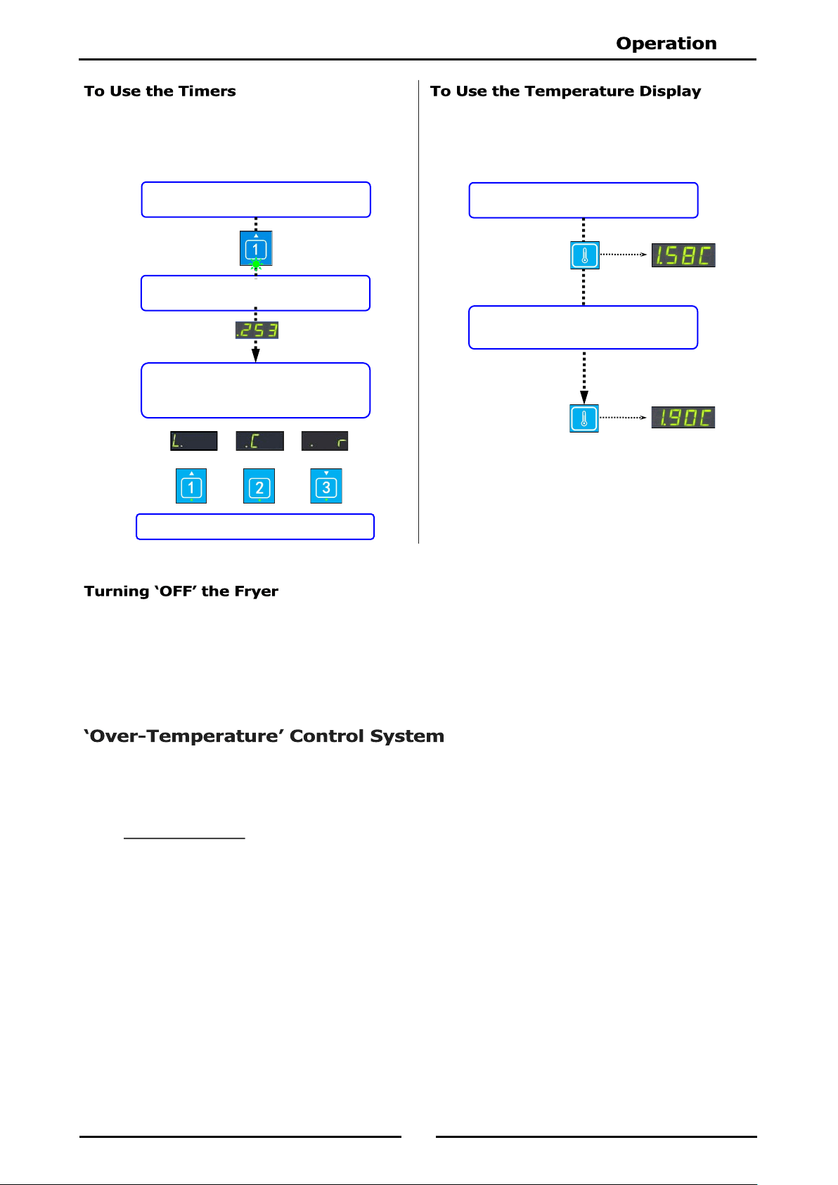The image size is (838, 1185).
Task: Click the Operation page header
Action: coord(666,43)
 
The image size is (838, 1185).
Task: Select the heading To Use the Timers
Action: coord(160,91)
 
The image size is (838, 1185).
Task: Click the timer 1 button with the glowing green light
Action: coord(256,249)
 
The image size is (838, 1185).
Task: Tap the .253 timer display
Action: coord(257,330)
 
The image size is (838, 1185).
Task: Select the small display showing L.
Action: coord(193,441)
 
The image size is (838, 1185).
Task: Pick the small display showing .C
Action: coord(259,441)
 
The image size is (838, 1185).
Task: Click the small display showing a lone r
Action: coord(325,441)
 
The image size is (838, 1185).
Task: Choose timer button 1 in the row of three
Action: coord(191,486)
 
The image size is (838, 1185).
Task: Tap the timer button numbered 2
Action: coord(259,486)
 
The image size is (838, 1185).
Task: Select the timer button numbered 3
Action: coord(325,486)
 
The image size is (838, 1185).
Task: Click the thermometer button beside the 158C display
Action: coord(585,255)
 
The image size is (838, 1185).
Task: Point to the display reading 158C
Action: coord(683,255)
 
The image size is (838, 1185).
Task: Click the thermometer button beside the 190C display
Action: coord(584,418)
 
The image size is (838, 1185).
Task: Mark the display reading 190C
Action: coord(683,418)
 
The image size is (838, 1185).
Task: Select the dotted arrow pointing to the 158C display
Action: coord(624,255)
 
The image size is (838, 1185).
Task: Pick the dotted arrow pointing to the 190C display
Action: coord(623,418)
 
